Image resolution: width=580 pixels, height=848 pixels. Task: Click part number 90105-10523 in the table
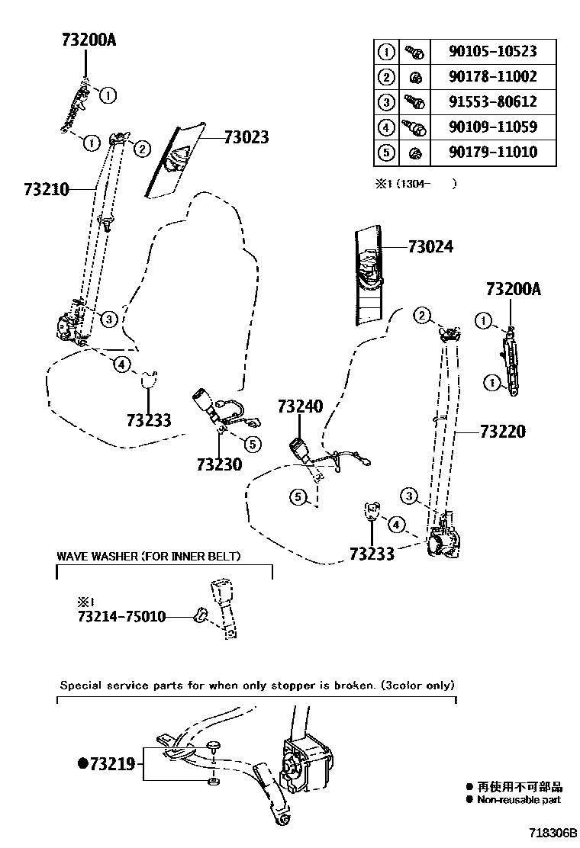click(x=494, y=52)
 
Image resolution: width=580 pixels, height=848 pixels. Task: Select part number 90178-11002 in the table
click(x=494, y=77)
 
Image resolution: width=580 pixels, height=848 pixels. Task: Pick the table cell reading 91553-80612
click(x=494, y=101)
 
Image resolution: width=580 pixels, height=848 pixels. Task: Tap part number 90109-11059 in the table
click(x=494, y=127)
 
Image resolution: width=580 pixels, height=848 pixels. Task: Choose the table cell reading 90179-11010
click(x=494, y=152)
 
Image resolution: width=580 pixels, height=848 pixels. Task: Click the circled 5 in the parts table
click(x=386, y=153)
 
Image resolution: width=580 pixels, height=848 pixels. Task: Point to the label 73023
click(x=246, y=138)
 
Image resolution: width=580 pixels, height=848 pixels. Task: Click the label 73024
click(x=430, y=247)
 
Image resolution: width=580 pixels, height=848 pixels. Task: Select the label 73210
click(x=47, y=188)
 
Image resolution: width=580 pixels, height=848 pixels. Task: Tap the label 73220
click(x=503, y=432)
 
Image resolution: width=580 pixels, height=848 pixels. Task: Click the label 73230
click(x=219, y=464)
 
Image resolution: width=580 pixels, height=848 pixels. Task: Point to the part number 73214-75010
click(x=111, y=616)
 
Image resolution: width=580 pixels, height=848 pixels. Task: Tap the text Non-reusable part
click(x=518, y=800)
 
